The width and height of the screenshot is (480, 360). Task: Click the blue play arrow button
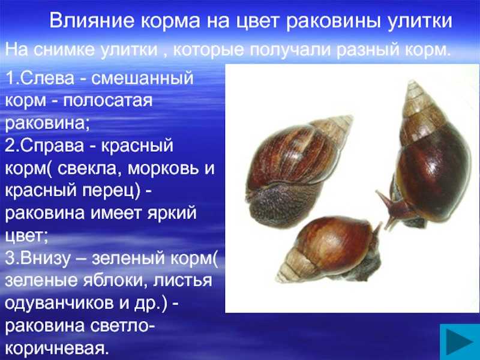click(x=460, y=341)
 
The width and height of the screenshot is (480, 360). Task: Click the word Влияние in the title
click(x=92, y=21)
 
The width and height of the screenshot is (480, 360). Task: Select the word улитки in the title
click(x=418, y=22)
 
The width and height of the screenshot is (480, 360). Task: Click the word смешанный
click(x=142, y=78)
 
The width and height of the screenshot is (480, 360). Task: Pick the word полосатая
click(x=108, y=100)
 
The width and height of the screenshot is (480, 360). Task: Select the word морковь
click(x=163, y=168)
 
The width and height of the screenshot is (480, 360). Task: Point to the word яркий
click(x=172, y=214)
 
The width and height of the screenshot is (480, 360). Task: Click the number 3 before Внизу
click(x=9, y=259)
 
